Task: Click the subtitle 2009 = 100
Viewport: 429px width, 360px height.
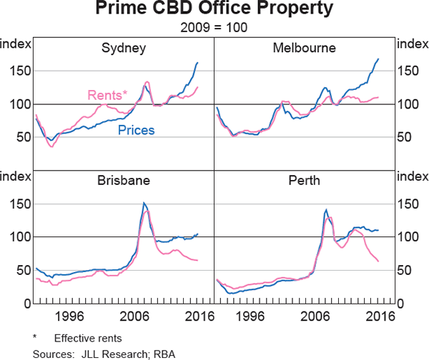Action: coord(214,29)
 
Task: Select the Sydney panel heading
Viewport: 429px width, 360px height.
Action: coord(124,49)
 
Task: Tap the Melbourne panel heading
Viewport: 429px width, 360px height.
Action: coord(304,49)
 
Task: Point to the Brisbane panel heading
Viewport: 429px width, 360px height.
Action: coord(124,181)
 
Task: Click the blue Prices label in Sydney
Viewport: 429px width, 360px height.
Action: coord(136,130)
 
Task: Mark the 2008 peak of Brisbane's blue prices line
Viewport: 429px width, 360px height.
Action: coord(144,203)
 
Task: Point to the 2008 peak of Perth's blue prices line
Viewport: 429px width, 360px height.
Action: coord(326,209)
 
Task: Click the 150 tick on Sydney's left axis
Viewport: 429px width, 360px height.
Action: coord(19,71)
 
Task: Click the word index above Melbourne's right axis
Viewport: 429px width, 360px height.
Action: coord(413,44)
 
